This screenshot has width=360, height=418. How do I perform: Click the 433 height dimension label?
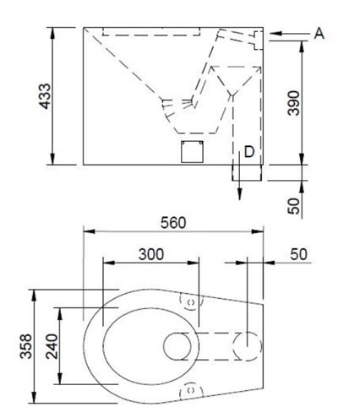45,96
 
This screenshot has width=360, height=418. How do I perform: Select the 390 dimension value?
294,103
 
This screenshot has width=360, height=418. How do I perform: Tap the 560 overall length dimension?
173,223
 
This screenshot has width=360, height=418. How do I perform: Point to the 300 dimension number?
151,254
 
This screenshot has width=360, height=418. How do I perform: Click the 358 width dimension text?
26,346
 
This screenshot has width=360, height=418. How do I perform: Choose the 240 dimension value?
52,346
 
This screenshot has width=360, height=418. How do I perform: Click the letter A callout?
319,34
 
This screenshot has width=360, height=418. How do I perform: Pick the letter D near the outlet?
249,152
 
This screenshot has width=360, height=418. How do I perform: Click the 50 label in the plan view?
298,254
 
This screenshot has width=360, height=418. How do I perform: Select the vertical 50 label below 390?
294,206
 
